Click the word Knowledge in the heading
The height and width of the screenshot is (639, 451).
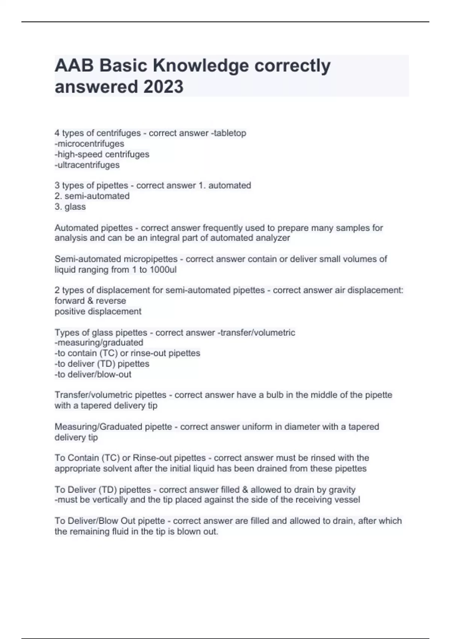(201, 66)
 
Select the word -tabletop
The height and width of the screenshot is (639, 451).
(229, 133)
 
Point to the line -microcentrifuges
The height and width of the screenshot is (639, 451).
(89, 144)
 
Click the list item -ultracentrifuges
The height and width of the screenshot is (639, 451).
(87, 165)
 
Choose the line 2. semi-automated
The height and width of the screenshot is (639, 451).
(92, 196)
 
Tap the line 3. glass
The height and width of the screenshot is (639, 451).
(70, 206)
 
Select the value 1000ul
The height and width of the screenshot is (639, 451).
(163, 270)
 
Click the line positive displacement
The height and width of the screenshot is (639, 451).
(98, 311)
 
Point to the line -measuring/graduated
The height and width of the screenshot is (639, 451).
(99, 342)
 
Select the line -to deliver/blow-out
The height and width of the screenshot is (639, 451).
(93, 374)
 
